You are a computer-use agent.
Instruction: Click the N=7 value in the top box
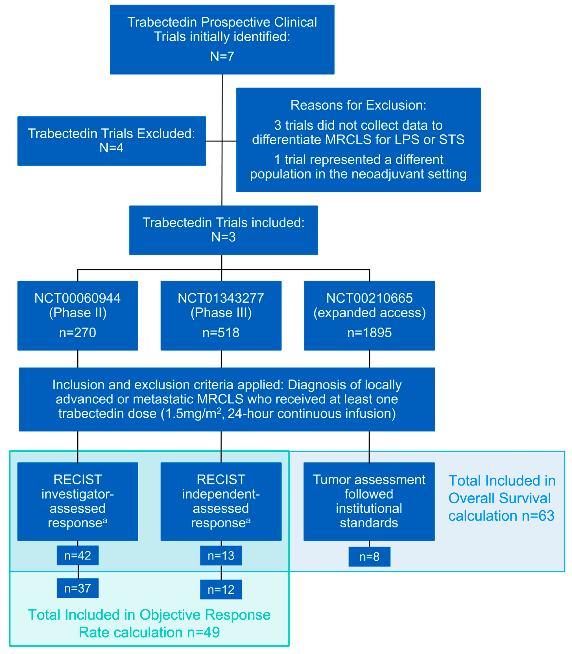[222, 56]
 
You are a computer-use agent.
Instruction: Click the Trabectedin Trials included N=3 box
[223, 230]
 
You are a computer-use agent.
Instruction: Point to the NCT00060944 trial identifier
[78, 298]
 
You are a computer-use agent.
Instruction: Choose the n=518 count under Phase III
[221, 333]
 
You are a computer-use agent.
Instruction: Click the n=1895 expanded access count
[369, 333]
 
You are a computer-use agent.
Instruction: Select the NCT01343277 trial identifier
[221, 298]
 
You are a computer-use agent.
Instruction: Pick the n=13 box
[221, 556]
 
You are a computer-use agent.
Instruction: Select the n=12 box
[221, 590]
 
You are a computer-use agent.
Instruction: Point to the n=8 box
[369, 557]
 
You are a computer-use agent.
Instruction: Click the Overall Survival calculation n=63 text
[502, 498]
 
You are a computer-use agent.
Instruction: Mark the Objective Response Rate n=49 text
[149, 623]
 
